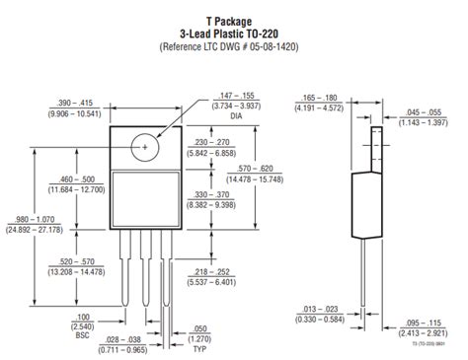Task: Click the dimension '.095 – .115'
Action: [x=427, y=323]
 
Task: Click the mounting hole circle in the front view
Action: [x=146, y=146]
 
